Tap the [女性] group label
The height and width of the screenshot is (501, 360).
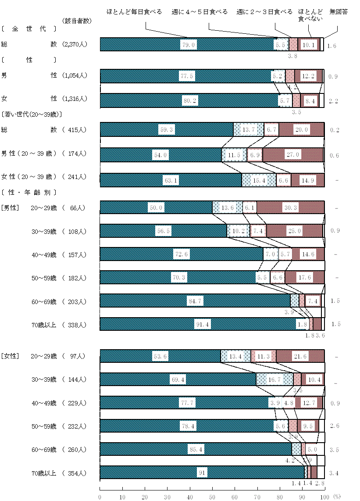click(9, 356)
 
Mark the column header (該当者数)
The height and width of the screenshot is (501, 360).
click(76, 21)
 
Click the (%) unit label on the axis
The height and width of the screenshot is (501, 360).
click(337, 496)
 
